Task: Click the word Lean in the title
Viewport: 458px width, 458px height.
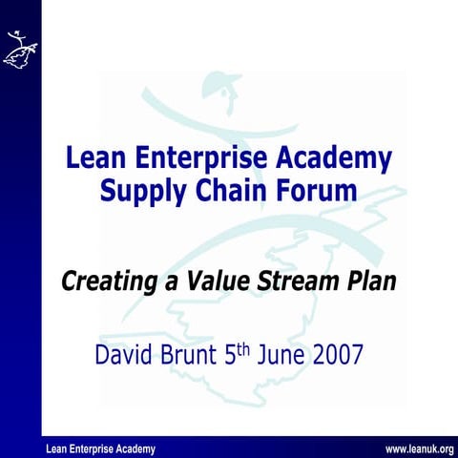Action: (x=94, y=157)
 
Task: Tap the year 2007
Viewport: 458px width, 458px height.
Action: (x=334, y=356)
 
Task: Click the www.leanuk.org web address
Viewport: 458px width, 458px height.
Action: (x=419, y=449)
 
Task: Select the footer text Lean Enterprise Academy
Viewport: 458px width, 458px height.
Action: (x=100, y=449)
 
